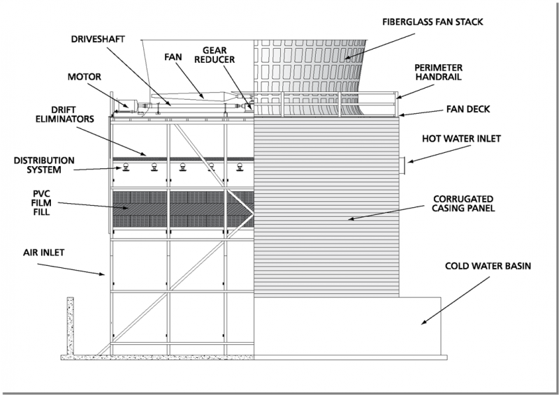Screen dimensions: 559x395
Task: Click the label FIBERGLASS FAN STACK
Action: tap(433, 22)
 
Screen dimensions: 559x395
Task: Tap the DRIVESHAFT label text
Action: tap(98, 39)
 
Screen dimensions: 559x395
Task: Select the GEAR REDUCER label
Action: tap(215, 55)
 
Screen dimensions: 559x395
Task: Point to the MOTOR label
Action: tap(85, 77)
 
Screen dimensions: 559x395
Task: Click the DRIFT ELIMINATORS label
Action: tap(65, 114)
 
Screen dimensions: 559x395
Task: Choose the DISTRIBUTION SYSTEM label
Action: tap(44, 165)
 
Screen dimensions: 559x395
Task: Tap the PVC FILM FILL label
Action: tap(42, 203)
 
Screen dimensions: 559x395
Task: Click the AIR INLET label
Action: tap(44, 253)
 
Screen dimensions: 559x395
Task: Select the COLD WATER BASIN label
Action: tap(488, 266)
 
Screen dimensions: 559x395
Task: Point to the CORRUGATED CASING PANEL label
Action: tap(463, 203)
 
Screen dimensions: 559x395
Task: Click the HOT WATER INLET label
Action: tap(461, 139)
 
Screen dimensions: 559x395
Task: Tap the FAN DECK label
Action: tap(468, 109)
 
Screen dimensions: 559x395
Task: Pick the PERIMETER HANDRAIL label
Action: tap(439, 73)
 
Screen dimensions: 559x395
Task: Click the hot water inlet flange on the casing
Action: tap(403, 166)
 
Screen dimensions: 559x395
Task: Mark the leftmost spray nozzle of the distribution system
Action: tap(126, 167)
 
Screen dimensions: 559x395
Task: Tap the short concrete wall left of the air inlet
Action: tap(71, 326)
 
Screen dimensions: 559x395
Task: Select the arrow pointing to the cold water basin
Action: tap(456, 301)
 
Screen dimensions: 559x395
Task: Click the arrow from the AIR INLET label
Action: tap(71, 269)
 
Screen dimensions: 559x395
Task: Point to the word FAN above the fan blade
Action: tap(173, 57)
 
